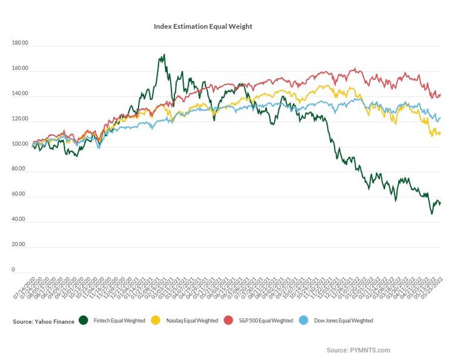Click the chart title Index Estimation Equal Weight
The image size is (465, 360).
click(x=203, y=26)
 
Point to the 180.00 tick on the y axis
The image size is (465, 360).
click(x=20, y=44)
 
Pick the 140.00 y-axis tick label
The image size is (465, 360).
click(x=20, y=94)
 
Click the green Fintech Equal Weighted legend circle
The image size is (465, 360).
click(x=83, y=321)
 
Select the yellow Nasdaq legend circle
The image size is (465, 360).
click(x=156, y=321)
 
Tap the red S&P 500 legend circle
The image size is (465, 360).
click(x=230, y=321)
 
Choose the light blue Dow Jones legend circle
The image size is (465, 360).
click(x=304, y=321)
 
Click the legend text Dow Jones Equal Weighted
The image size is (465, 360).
click(x=343, y=321)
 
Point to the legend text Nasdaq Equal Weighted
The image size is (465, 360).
click(x=192, y=321)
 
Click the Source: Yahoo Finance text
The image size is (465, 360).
click(x=44, y=322)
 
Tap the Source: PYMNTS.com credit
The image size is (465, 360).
click(x=358, y=350)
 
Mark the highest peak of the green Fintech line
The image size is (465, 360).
click(x=164, y=55)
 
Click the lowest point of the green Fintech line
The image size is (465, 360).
click(x=432, y=214)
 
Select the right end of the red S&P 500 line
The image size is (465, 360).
click(x=441, y=94)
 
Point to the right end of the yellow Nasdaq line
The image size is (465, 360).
click(x=441, y=133)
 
